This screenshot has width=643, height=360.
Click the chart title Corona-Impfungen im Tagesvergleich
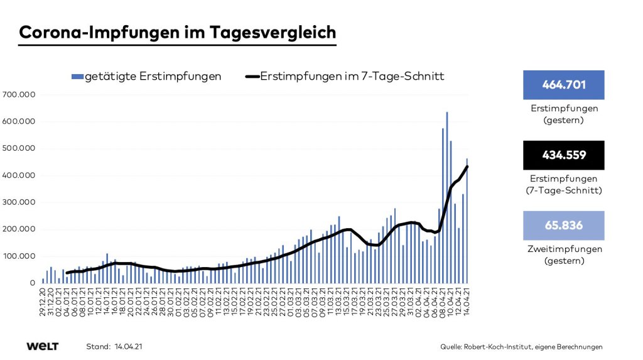(x=178, y=32)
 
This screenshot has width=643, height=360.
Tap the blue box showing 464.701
(x=563, y=85)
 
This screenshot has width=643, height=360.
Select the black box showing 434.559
(x=563, y=155)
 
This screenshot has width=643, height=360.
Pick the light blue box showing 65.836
(x=563, y=226)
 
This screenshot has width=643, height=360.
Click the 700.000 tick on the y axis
(x=20, y=95)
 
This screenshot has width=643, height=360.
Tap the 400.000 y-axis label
(x=20, y=176)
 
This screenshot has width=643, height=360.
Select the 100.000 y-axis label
(x=20, y=256)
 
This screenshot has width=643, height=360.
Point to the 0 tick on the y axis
(x=33, y=283)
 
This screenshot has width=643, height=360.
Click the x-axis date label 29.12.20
(x=43, y=303)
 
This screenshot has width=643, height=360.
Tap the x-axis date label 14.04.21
(x=467, y=303)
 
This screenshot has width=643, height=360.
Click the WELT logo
(x=43, y=346)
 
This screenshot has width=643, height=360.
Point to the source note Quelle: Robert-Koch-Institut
(x=521, y=347)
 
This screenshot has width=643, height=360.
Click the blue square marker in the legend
(x=77, y=77)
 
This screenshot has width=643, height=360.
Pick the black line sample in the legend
(x=251, y=77)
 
